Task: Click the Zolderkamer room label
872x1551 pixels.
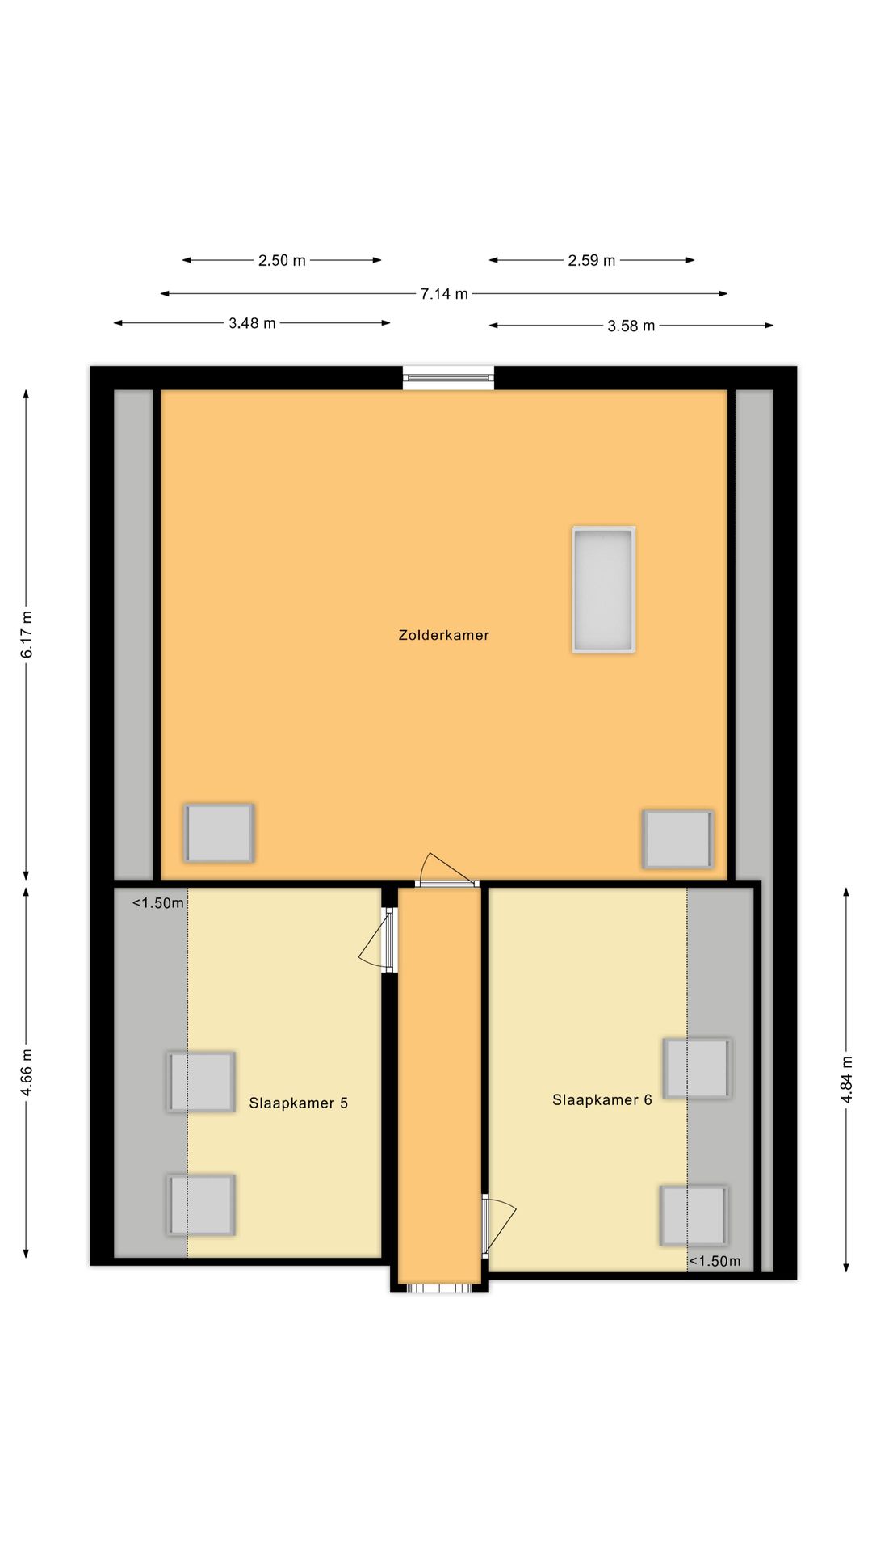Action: pos(443,635)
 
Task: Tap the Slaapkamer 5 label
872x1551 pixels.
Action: pos(298,1103)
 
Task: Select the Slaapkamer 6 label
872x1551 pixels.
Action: pos(602,1099)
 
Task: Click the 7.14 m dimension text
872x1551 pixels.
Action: pos(444,294)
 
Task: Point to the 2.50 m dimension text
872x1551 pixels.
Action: pos(282,260)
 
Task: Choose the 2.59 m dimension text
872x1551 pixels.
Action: pos(591,260)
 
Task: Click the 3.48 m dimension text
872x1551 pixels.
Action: pos(252,323)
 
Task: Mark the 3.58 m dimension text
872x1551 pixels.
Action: pos(631,326)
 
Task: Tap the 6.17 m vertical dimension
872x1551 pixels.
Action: pos(27,634)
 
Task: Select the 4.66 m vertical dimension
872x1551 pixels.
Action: pos(27,1073)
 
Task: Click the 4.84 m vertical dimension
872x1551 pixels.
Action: pos(846,1079)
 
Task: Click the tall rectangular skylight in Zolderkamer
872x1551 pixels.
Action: pos(604,589)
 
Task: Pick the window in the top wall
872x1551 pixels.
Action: pos(448,376)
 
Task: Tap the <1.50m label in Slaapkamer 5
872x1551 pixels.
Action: pos(158,903)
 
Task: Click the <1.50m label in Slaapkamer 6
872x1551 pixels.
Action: pos(714,1261)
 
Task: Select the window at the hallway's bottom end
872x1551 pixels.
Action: pos(438,1288)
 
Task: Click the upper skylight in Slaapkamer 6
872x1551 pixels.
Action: pos(697,1068)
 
